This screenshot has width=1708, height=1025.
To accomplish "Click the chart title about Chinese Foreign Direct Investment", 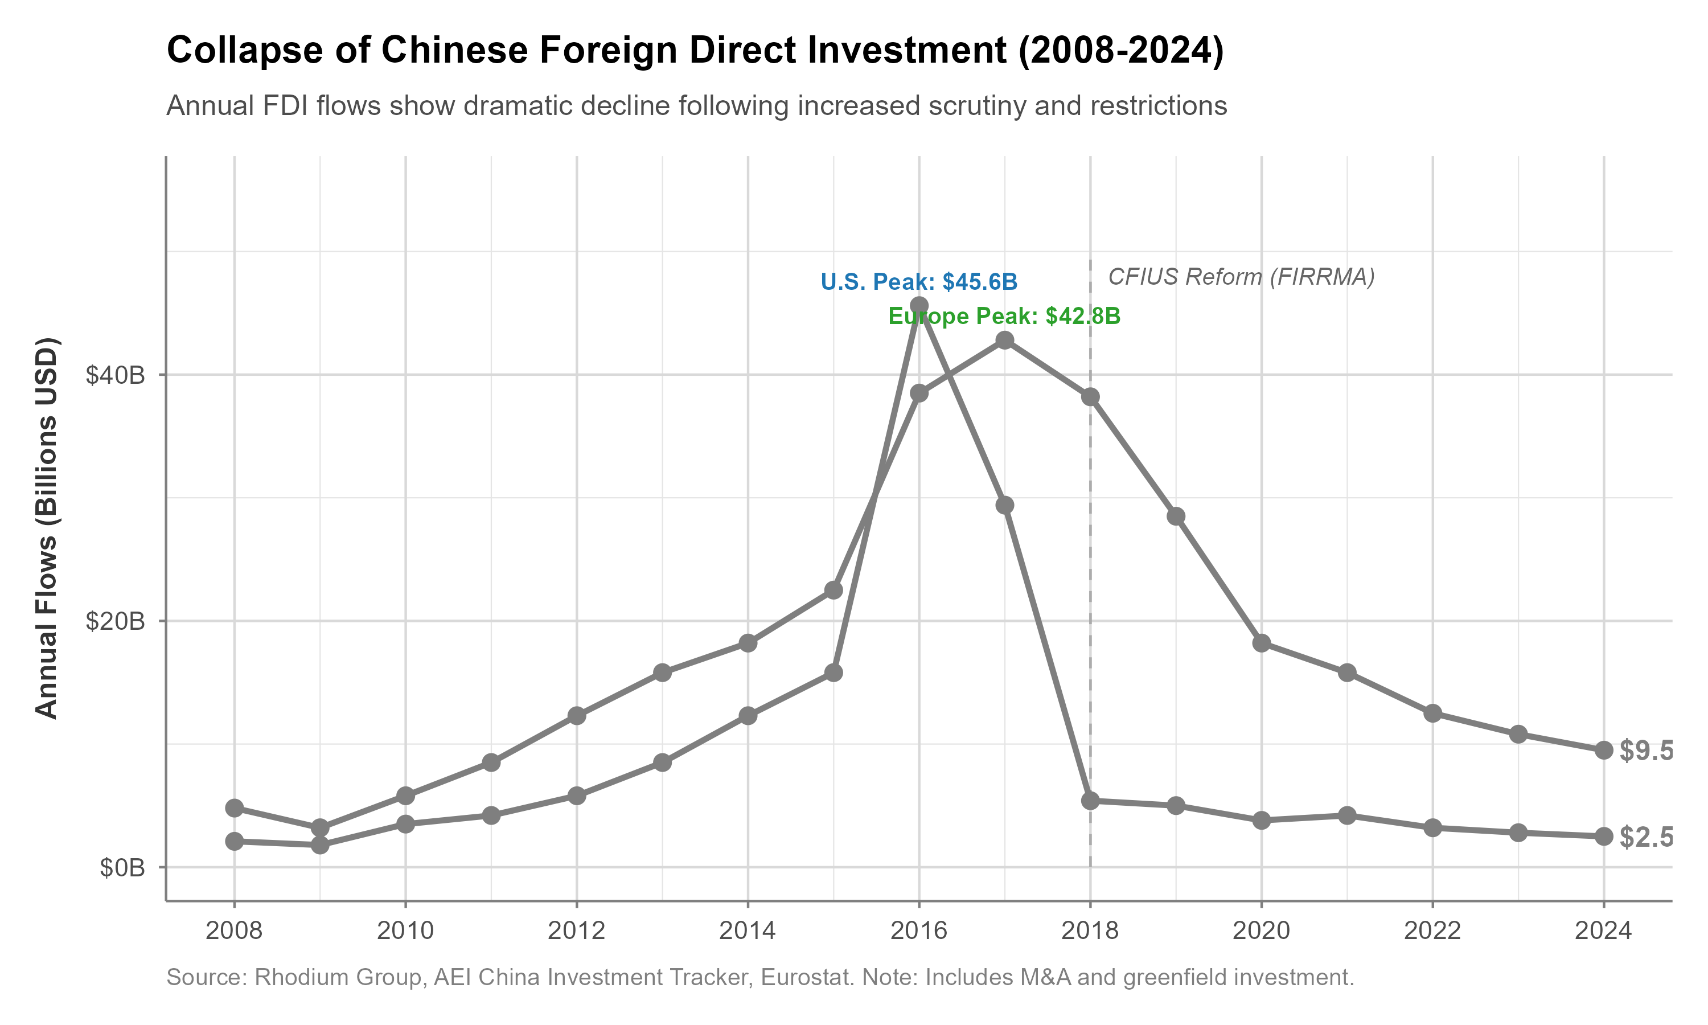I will click(x=695, y=51).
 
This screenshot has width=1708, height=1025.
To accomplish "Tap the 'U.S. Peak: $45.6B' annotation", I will click(x=918, y=282).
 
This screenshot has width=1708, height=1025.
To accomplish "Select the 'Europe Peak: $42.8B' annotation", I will click(x=1004, y=317).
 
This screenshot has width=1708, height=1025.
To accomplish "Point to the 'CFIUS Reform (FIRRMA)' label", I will click(x=1241, y=277).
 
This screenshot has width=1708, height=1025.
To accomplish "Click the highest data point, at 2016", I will click(x=919, y=305).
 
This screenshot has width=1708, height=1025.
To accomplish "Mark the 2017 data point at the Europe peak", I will click(x=1004, y=340).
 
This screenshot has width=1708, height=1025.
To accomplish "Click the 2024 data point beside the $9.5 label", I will click(x=1604, y=750).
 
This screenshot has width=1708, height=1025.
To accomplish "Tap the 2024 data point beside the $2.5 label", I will click(x=1604, y=837).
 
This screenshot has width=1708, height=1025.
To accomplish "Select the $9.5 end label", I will click(x=1646, y=751).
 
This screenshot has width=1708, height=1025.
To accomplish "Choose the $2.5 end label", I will click(x=1646, y=837).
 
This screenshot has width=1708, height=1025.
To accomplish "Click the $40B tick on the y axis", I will click(x=116, y=375).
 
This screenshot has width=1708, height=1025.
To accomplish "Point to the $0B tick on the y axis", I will click(x=122, y=867).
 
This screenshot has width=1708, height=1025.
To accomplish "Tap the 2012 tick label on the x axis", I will click(x=577, y=931).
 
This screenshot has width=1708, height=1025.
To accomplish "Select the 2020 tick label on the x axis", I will click(x=1261, y=931).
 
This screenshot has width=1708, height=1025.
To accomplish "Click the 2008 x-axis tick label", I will click(x=234, y=931).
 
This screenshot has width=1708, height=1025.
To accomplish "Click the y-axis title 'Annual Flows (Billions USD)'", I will click(x=47, y=528).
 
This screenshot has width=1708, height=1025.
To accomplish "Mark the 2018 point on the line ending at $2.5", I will click(x=1090, y=801).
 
